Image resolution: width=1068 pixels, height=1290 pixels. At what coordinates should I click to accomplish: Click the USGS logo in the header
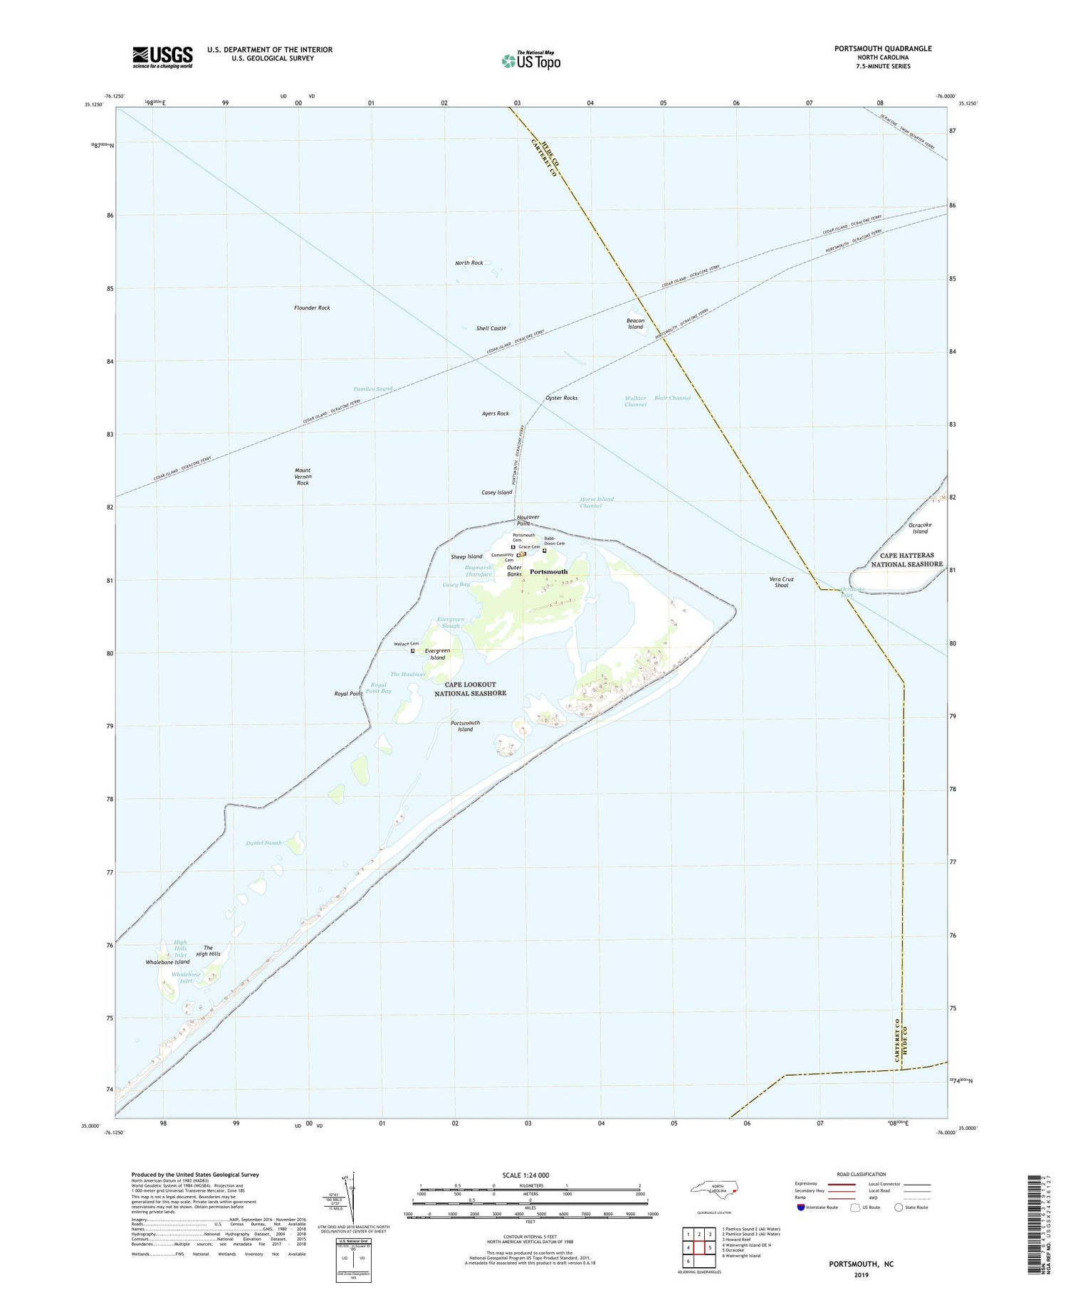[x=162, y=56]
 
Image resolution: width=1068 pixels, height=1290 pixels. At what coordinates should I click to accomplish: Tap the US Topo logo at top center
[x=530, y=61]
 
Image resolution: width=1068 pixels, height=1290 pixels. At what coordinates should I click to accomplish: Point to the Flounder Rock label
[x=312, y=308]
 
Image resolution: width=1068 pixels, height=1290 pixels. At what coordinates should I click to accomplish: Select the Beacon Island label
[x=635, y=324]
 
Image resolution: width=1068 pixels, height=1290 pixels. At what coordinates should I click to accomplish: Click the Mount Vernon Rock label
[x=303, y=477]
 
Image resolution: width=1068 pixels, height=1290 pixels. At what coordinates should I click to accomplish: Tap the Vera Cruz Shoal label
[x=781, y=582]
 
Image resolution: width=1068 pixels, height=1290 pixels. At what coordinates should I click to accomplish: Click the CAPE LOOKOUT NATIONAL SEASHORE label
[x=471, y=689]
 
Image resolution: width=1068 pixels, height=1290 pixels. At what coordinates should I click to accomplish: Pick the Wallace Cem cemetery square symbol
[x=412, y=650]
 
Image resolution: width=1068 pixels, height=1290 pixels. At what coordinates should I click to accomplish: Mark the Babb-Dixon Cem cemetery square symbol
[x=545, y=551]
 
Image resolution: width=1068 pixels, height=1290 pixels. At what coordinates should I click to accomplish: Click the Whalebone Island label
[x=167, y=962]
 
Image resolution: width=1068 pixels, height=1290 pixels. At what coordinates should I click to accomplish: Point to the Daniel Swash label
[x=264, y=843]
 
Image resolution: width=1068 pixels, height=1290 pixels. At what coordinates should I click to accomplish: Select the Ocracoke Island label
[x=920, y=528]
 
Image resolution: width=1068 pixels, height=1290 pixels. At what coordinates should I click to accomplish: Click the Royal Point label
[x=348, y=694]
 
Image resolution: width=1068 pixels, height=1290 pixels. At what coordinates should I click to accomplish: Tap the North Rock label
[x=468, y=263]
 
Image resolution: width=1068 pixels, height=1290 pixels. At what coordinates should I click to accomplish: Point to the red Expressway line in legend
[x=841, y=1184]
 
